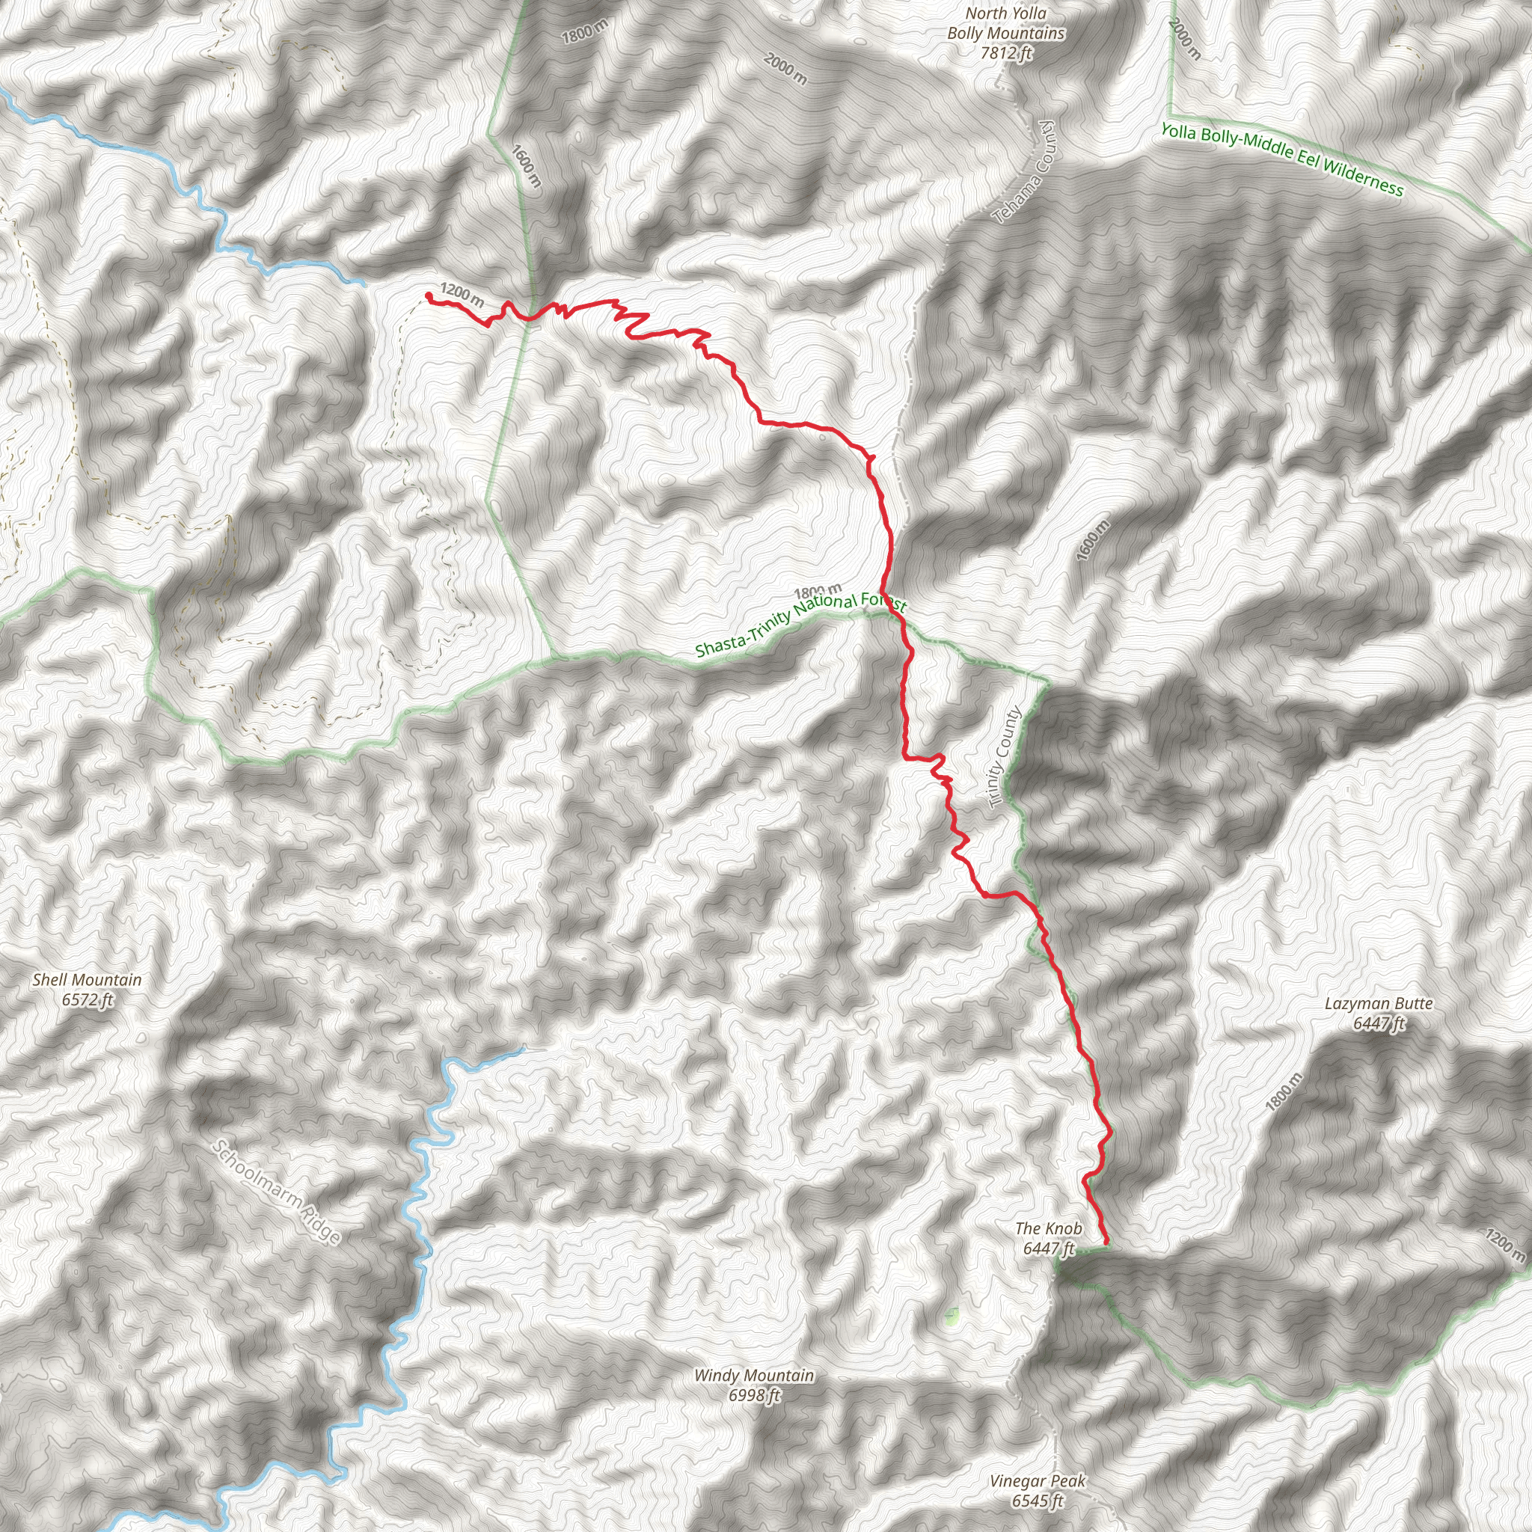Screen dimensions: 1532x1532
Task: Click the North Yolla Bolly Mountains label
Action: tap(1005, 24)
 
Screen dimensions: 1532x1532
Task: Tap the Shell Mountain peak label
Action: tap(88, 980)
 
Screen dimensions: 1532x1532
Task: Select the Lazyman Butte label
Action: tap(1379, 1004)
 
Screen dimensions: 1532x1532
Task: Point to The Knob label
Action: tap(1048, 1228)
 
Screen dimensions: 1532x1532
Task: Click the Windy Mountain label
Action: tap(754, 1375)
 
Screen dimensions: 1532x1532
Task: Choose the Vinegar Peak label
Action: tap(1038, 1480)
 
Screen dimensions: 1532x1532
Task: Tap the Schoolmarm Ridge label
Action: tap(278, 1192)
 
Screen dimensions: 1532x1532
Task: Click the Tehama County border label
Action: tap(1023, 172)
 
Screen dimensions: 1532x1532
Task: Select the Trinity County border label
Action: tap(1004, 758)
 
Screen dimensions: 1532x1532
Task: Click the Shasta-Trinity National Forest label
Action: tap(800, 624)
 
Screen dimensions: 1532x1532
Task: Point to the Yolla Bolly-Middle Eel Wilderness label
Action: tap(1281, 159)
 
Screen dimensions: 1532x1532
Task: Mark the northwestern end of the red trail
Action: tap(429, 295)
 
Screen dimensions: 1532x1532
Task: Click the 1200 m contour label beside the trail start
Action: tap(462, 295)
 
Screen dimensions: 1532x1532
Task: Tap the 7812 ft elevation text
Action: tap(1005, 54)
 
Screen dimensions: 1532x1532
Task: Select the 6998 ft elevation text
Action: tap(754, 1395)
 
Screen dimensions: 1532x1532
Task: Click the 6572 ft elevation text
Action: tap(88, 1000)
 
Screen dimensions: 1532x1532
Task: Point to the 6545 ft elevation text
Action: tap(1038, 1501)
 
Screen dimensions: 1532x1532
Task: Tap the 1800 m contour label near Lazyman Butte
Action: tap(1283, 1092)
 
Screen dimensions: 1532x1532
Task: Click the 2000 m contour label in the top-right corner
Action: tap(1185, 40)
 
